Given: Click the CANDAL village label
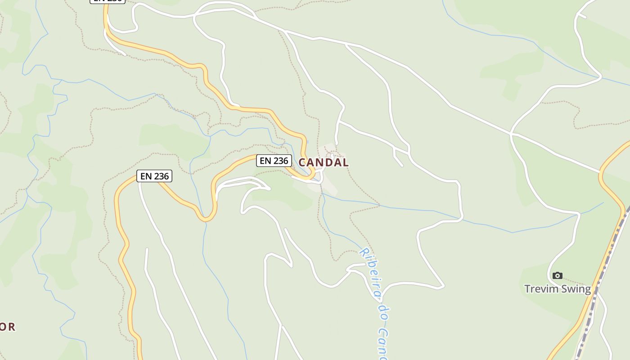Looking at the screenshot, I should pyautogui.click(x=324, y=162).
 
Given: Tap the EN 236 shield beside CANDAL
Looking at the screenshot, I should pyautogui.click(x=274, y=161).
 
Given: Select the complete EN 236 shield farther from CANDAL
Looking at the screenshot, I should pyautogui.click(x=154, y=176).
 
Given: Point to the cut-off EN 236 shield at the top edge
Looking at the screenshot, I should pyautogui.click(x=107, y=1).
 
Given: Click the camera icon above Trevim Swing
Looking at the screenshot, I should pyautogui.click(x=558, y=275).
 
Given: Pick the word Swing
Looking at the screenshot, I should pyautogui.click(x=575, y=289).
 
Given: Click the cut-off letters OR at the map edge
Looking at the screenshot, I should pyautogui.click(x=8, y=327).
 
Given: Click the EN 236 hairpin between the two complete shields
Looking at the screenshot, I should pyautogui.click(x=206, y=218).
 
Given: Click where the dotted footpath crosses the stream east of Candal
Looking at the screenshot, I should pyautogui.click(x=379, y=206).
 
